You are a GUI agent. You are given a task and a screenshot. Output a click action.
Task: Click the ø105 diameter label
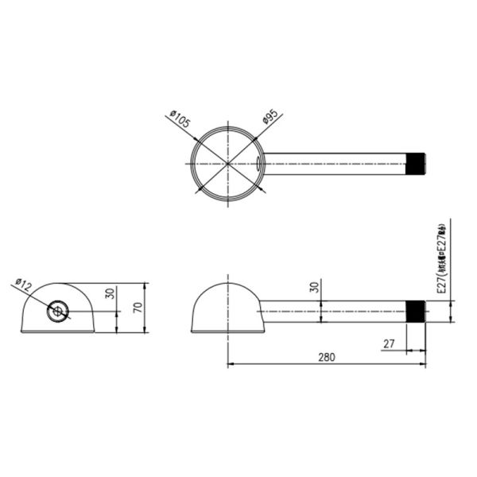coord(180,121)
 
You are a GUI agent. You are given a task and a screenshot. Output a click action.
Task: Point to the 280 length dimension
coord(325,357)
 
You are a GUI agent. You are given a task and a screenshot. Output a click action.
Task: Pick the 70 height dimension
coord(137,308)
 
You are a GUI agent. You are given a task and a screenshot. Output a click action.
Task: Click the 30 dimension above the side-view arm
coord(313,287)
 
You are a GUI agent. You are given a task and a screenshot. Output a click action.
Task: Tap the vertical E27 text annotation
coord(443,258)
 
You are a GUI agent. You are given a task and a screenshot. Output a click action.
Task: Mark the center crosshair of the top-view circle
coord(227,163)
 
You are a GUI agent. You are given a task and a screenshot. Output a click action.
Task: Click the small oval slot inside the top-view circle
coord(259,163)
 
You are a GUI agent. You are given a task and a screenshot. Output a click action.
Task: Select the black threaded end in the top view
coord(416,164)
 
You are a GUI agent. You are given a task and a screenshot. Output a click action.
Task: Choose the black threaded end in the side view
coord(416,312)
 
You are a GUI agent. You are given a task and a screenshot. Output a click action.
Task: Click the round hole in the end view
coord(57,311)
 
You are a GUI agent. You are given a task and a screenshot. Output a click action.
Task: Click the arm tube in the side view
coord(334,312)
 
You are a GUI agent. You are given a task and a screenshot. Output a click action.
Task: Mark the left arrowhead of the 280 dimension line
coord(231,366)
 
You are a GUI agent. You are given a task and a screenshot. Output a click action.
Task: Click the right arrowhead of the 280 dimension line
coord(423,366)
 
